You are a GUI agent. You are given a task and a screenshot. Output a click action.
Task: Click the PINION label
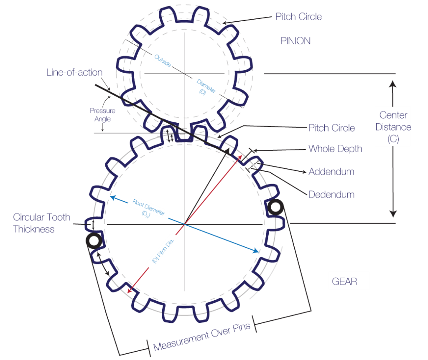pyautogui.click(x=296, y=41)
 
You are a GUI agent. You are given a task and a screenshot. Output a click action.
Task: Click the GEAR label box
pyautogui.click(x=349, y=281)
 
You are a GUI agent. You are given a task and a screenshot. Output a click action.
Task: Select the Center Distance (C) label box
pyautogui.click(x=393, y=127)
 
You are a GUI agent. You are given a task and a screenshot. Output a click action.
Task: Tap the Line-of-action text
pyautogui.click(x=74, y=72)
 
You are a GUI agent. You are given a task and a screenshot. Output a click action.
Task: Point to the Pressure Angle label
pyautogui.click(x=102, y=115)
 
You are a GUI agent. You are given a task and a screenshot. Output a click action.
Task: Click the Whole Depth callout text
pyautogui.click(x=335, y=149)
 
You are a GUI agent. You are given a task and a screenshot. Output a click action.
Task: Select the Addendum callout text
pyautogui.click(x=331, y=172)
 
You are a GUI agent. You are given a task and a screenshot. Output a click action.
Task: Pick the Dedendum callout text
pyautogui.click(x=331, y=195)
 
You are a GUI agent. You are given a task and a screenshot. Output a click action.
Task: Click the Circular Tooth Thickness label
pyautogui.click(x=41, y=223)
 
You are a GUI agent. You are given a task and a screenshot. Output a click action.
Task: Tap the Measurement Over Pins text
pyautogui.click(x=202, y=336)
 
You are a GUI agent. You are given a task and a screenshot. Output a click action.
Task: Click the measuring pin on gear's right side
pyautogui.click(x=276, y=207)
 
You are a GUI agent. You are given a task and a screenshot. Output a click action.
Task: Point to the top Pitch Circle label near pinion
pyautogui.click(x=298, y=17)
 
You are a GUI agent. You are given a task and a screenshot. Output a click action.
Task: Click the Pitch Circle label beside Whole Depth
pyautogui.click(x=331, y=128)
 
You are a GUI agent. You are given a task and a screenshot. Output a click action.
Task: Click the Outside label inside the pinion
pyautogui.click(x=163, y=61)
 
